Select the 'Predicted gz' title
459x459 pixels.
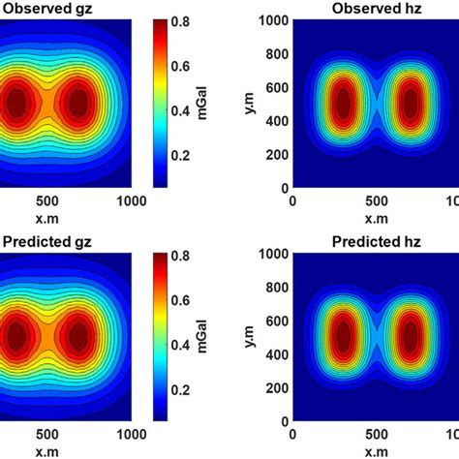(x=46, y=241)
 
